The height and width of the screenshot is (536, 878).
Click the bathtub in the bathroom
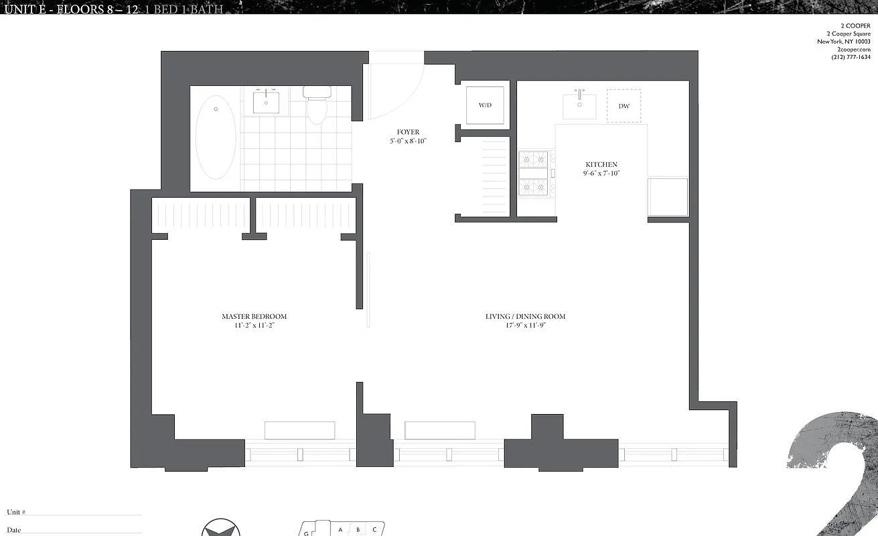216,137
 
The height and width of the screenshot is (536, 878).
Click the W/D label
485,106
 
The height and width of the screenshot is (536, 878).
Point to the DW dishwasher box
624,106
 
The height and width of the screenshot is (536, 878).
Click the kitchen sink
579,105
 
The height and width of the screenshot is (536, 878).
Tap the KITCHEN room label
601,165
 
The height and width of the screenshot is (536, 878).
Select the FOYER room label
408,133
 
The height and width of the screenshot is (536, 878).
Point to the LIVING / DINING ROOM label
525,316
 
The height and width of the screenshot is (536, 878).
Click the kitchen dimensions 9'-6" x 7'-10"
601,174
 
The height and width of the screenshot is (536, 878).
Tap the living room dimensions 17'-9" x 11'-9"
525,326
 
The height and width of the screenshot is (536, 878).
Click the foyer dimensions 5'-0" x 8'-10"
408,141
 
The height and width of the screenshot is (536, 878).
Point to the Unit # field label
16,513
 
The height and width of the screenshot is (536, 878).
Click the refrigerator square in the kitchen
668,196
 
